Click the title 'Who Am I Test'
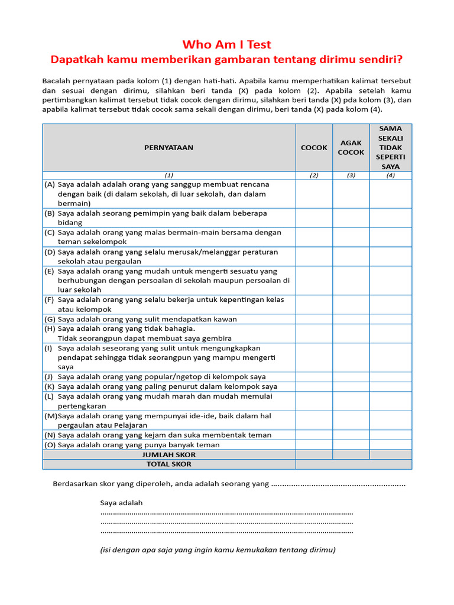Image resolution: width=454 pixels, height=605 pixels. [227, 45]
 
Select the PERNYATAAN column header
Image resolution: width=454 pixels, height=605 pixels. [168, 148]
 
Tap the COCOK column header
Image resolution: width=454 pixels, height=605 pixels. [314, 148]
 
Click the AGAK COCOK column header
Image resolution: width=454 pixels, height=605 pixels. [351, 148]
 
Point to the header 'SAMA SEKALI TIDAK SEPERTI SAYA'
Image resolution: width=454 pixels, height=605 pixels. [391, 148]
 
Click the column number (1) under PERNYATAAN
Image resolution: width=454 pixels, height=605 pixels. [168, 175]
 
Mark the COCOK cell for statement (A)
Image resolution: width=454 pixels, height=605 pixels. [314, 194]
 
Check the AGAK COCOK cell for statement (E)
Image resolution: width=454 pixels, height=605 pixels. [351, 281]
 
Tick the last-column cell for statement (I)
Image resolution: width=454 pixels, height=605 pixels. [391, 357]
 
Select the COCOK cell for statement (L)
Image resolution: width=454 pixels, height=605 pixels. [314, 401]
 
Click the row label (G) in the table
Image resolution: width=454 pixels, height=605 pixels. [50, 319]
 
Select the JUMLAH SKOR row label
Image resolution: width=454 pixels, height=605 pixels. [168, 455]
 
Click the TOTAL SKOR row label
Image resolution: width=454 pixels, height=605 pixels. [168, 464]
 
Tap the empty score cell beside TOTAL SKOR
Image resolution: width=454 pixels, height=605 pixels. [354, 464]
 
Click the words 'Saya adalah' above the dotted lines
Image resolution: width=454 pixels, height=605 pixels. [121, 503]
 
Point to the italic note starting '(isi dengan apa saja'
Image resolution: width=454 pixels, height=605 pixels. [218, 549]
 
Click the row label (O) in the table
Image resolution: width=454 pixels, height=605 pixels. [50, 445]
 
